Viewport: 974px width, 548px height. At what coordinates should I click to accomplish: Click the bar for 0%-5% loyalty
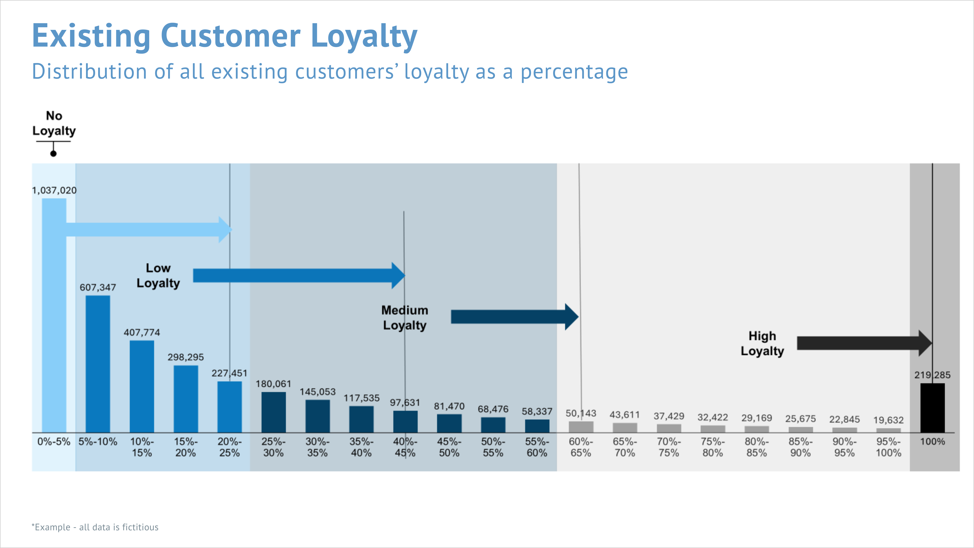[54, 315]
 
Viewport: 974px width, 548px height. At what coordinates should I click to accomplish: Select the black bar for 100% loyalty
[932, 408]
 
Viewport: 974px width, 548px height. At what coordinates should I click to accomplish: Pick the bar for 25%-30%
[273, 412]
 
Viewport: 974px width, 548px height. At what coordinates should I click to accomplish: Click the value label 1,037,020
[54, 190]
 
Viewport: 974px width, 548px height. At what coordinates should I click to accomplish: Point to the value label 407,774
[142, 332]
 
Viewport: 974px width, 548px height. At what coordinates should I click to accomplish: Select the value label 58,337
[537, 411]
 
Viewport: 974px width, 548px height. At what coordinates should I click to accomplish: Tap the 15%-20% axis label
[186, 447]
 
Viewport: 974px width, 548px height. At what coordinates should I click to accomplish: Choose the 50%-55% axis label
[493, 447]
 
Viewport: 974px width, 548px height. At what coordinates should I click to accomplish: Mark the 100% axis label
[932, 441]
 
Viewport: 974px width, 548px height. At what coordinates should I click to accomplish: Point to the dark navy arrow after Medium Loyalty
[515, 317]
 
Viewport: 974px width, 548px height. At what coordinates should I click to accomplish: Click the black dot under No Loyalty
[53, 153]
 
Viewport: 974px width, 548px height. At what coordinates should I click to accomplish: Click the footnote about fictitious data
[95, 527]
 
